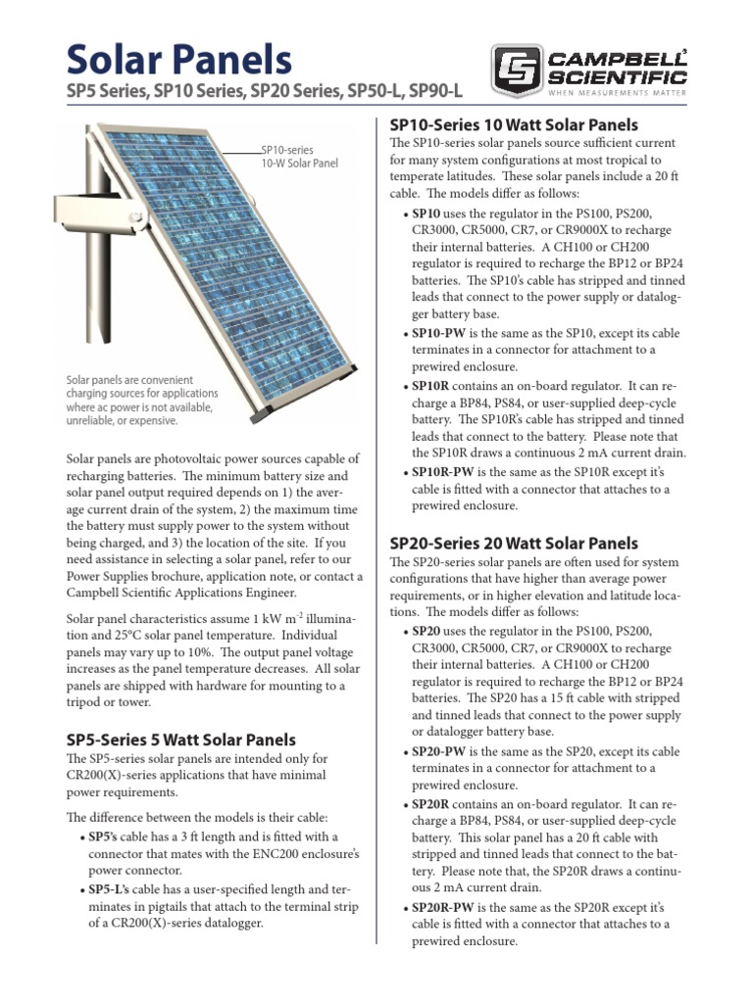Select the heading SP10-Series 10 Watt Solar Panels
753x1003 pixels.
coord(514,125)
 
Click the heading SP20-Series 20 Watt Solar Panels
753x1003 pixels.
coord(514,543)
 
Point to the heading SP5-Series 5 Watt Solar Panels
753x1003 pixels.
coord(180,740)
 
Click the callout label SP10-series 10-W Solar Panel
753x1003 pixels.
coord(298,157)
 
